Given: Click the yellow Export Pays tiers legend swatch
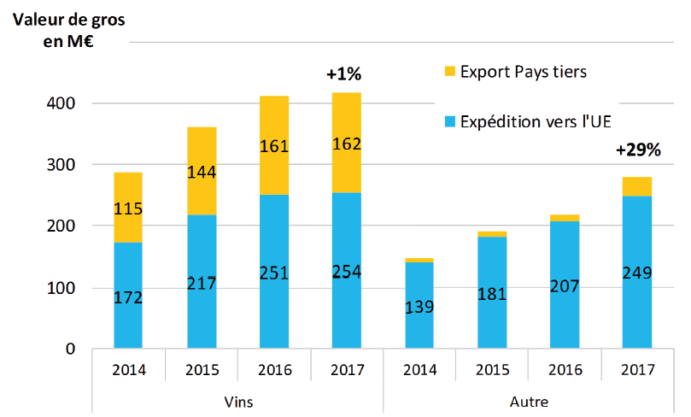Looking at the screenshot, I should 450,71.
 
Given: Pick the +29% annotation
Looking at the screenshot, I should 638,150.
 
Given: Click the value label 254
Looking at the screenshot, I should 347,273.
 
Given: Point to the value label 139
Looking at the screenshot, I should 420,305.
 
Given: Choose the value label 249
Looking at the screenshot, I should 638,273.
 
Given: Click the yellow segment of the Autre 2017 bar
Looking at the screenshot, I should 638,186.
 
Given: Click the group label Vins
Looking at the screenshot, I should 237,401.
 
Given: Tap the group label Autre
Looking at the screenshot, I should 529,401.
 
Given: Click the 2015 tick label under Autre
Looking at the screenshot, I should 492,370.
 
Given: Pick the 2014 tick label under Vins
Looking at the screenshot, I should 128,370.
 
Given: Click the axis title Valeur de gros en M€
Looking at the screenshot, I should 67,31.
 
